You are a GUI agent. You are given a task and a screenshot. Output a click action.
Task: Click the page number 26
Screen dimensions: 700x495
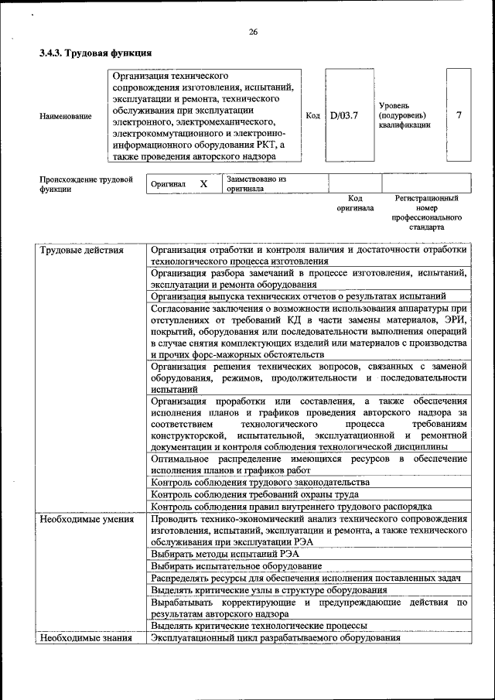253,32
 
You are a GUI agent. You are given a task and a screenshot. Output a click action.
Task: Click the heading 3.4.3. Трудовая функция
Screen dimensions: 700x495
95,53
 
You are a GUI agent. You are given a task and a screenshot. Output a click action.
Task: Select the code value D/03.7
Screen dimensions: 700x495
344,115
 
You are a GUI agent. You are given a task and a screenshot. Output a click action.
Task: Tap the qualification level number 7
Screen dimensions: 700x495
459,115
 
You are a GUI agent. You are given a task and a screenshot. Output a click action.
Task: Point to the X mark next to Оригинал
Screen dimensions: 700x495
204,184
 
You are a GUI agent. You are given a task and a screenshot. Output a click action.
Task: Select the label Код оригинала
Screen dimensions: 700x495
355,203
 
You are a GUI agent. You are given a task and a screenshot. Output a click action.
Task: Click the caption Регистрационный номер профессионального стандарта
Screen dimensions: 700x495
426,213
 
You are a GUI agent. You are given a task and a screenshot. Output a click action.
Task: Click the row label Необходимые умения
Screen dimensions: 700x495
82,518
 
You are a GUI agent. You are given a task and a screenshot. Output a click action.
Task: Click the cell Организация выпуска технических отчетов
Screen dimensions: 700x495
299,295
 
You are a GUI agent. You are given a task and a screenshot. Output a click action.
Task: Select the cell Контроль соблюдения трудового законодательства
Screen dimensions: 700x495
261,482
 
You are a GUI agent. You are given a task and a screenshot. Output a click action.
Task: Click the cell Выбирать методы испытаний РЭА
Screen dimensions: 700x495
225,554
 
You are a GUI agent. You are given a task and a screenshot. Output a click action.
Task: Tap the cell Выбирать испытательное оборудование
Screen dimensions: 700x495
237,566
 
